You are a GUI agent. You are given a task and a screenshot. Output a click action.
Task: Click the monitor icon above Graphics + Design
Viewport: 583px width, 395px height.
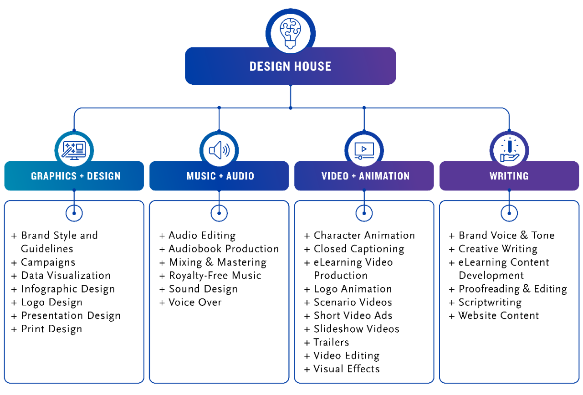pyautogui.click(x=74, y=150)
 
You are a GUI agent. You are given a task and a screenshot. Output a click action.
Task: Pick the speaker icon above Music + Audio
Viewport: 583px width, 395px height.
pyautogui.click(x=219, y=150)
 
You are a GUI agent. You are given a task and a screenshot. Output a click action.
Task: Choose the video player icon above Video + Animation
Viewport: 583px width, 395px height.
pyautogui.click(x=364, y=150)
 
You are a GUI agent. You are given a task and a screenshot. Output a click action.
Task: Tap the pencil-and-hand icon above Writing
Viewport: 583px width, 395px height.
pyautogui.click(x=509, y=150)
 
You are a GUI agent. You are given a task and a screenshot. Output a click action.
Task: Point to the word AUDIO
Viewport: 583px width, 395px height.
pyautogui.click(x=240, y=176)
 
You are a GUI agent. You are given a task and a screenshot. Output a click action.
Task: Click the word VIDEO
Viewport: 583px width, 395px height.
pyautogui.click(x=335, y=176)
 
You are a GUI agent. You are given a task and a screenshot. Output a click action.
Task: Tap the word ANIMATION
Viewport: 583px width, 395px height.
pyautogui.click(x=384, y=176)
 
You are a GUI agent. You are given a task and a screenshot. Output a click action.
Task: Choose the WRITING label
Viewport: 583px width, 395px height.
pyautogui.click(x=509, y=176)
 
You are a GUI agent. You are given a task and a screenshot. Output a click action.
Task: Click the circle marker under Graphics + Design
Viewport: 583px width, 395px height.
pyautogui.click(x=74, y=213)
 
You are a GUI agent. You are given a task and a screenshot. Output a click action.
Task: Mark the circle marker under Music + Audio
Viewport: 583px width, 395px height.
pyautogui.click(x=219, y=213)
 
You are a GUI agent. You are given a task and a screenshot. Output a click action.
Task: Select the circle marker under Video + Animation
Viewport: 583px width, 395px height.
pyautogui.click(x=364, y=213)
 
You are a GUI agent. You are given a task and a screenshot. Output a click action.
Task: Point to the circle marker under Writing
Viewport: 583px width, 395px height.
pyautogui.click(x=509, y=213)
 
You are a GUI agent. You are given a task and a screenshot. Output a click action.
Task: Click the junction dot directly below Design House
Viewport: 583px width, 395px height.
pyautogui.click(x=291, y=108)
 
